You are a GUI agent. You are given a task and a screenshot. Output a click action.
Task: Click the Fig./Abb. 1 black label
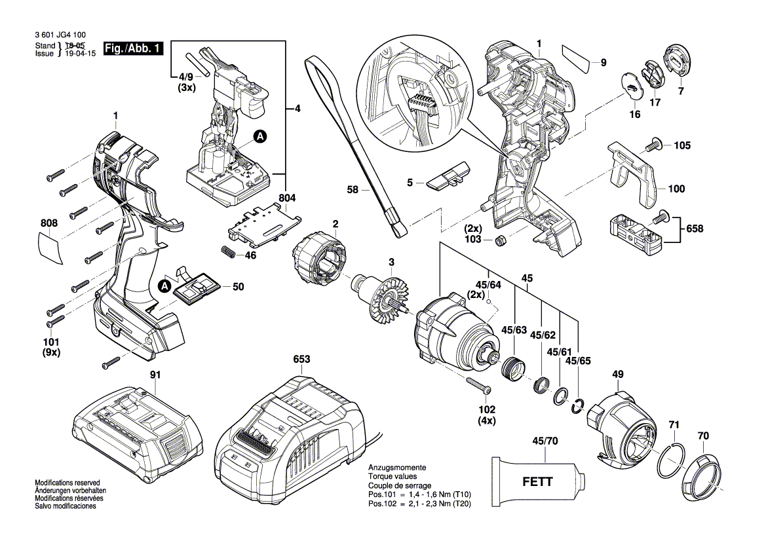coord(134,49)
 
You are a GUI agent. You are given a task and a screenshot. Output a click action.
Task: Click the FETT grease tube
coord(536,481)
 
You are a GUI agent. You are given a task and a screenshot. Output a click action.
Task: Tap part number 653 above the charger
coord(301,360)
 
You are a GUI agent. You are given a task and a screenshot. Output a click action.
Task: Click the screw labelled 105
coord(654,145)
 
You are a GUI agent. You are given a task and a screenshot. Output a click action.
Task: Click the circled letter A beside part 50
coord(164,286)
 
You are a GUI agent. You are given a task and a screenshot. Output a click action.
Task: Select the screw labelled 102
coord(478,385)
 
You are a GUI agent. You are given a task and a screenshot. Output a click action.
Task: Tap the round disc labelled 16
coord(630,85)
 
